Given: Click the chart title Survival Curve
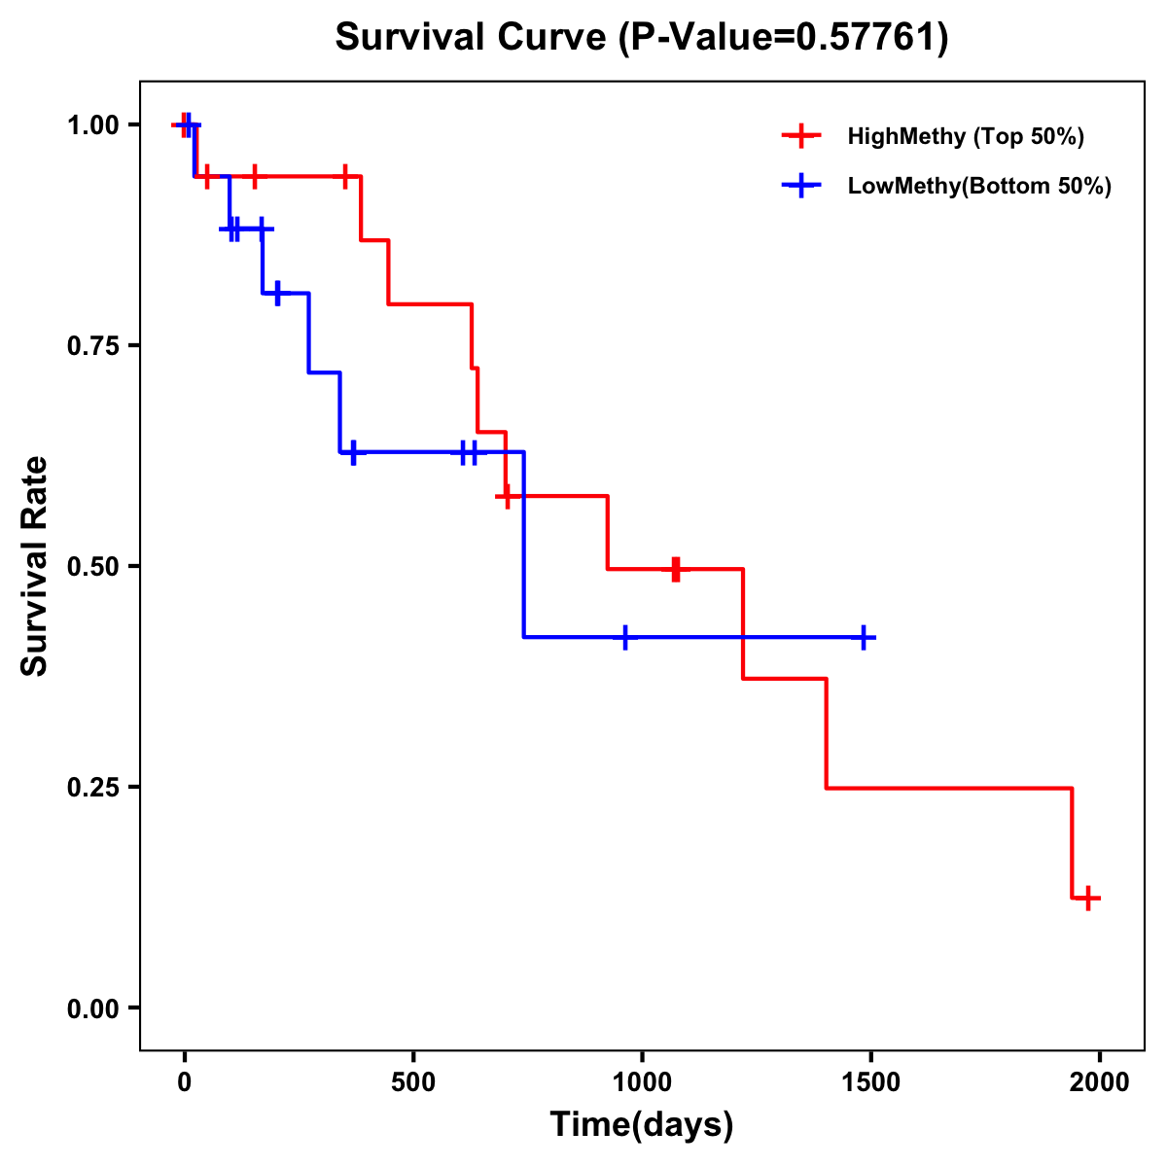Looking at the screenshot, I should coord(474,38).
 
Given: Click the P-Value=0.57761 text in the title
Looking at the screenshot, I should coord(786,38).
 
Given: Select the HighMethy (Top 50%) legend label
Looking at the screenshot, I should coord(966,136).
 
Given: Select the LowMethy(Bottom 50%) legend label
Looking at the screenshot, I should coord(979,186).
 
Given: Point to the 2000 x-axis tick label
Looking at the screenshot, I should coord(1100,1082).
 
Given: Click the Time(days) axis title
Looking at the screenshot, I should coord(642,1125).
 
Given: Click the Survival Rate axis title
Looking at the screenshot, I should coord(35,566).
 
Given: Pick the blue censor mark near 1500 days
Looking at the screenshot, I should coord(863,637).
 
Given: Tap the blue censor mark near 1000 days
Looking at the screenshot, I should coord(624,637).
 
